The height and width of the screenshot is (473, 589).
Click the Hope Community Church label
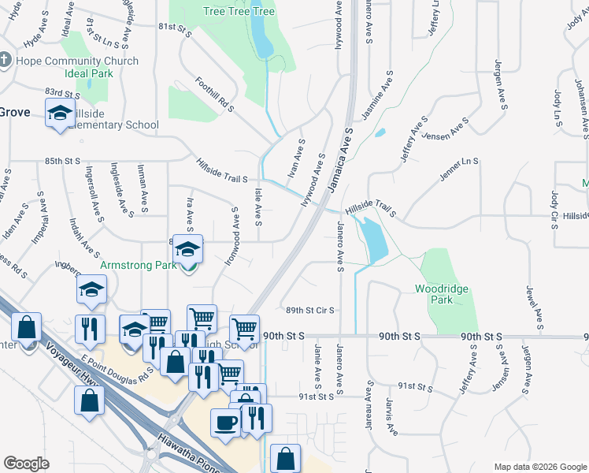(76, 61)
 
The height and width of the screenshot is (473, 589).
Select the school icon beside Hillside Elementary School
(59, 114)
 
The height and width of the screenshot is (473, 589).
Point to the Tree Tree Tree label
(239, 11)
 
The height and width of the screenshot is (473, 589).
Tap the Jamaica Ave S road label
(343, 147)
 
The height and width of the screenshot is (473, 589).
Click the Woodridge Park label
(442, 294)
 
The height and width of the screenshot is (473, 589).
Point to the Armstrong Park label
(139, 266)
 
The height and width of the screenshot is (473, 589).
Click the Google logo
(27, 463)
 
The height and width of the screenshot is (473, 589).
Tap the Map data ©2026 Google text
(539, 467)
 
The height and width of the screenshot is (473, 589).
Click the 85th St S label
(63, 161)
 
